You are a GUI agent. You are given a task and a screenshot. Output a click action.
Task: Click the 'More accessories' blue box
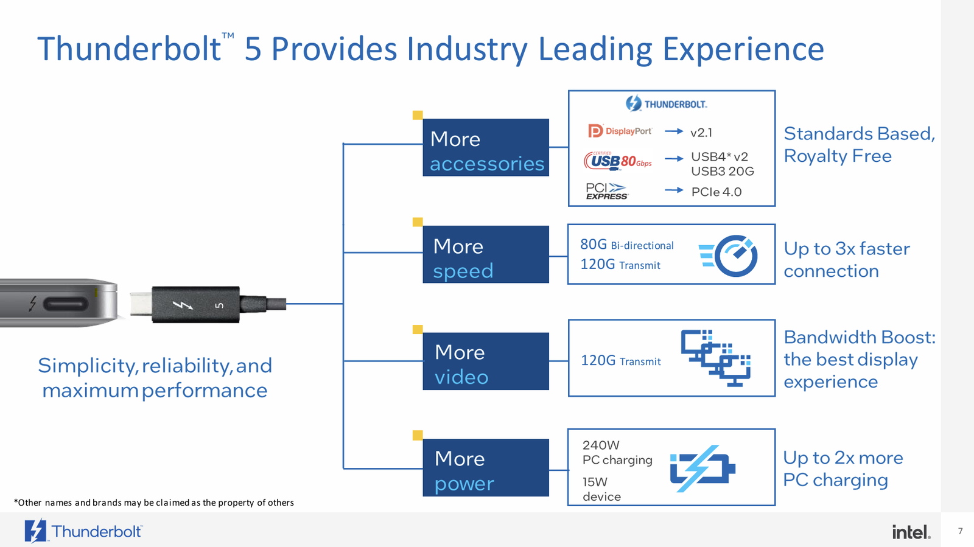point(486,147)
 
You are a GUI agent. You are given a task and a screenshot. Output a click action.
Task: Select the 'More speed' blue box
point(486,254)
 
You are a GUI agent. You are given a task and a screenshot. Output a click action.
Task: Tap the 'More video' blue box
point(486,361)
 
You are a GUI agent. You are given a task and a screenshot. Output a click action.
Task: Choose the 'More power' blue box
point(486,468)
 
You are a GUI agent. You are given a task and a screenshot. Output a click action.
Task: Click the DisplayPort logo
point(620,131)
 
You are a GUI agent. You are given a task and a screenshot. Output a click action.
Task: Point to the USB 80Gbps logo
point(618,161)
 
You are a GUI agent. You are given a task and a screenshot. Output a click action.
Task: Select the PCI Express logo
point(606,191)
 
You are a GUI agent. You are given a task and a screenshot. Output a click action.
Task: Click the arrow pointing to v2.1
point(674,131)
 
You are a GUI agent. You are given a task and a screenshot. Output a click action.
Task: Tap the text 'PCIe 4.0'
point(716,192)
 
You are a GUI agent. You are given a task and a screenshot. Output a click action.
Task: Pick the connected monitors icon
point(716,358)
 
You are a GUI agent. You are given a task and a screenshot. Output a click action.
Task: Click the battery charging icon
point(702,469)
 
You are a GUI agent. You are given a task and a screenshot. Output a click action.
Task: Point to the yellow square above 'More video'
point(418,329)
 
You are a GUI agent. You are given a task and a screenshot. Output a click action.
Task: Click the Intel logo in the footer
point(911,532)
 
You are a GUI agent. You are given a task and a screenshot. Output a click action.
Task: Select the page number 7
point(961,531)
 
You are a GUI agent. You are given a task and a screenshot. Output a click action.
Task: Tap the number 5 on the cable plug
point(220,305)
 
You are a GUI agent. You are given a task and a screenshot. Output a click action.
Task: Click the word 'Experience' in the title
point(743,49)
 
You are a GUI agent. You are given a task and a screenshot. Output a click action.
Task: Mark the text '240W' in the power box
point(601,445)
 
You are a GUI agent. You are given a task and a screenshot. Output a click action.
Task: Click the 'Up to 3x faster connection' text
point(846,260)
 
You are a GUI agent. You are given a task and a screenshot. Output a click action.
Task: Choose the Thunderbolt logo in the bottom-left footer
point(83,531)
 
